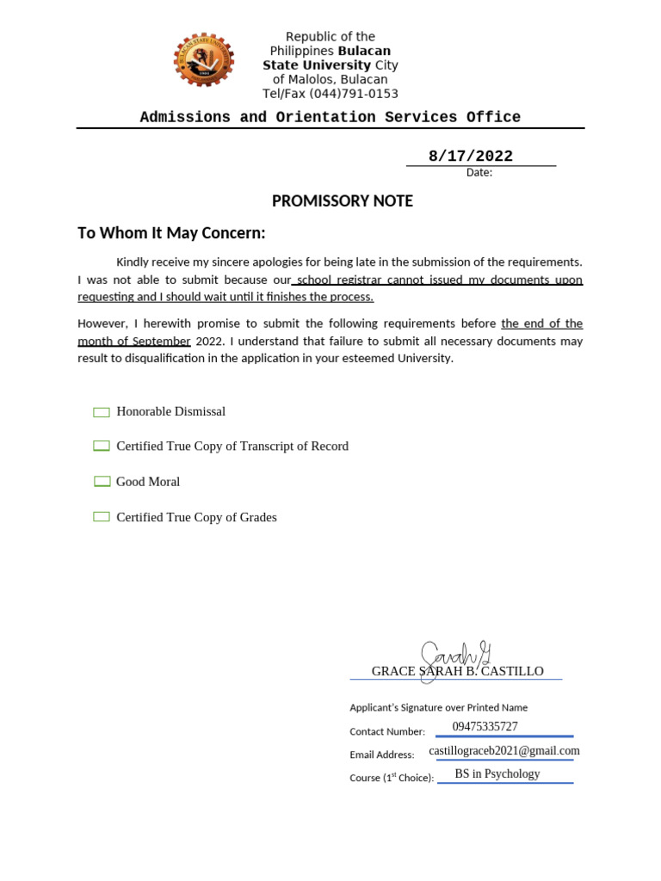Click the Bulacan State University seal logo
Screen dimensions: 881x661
(203, 60)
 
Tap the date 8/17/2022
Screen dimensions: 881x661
(470, 156)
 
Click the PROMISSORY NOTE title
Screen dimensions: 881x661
(343, 201)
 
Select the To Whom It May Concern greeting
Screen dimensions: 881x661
(172, 233)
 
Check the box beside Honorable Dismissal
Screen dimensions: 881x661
(102, 412)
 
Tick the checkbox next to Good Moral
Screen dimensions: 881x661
(102, 482)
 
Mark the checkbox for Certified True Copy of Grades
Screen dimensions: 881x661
(102, 517)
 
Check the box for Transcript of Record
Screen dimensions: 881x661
(102, 447)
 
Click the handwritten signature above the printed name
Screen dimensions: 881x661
(452, 658)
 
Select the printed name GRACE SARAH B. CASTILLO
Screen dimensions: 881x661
(457, 671)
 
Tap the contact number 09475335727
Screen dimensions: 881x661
(485, 727)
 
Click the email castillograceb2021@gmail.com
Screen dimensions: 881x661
(503, 751)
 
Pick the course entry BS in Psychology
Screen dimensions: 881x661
(497, 774)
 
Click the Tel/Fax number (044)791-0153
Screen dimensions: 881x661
(330, 94)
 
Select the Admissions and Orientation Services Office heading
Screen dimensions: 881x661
(330, 117)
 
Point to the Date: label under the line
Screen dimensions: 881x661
(479, 172)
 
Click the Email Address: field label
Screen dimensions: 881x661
(381, 755)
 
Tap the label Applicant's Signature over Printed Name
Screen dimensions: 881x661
(438, 707)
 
